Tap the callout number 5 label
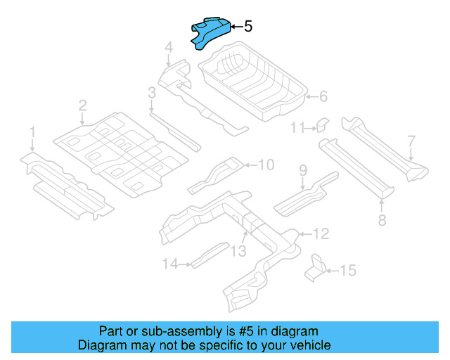(247, 27)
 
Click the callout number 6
(323, 97)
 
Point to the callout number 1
(32, 131)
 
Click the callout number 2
(82, 105)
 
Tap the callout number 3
(151, 92)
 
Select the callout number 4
(169, 48)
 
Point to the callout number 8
(382, 221)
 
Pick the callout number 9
(303, 169)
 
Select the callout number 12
(320, 233)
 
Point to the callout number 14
(169, 264)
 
